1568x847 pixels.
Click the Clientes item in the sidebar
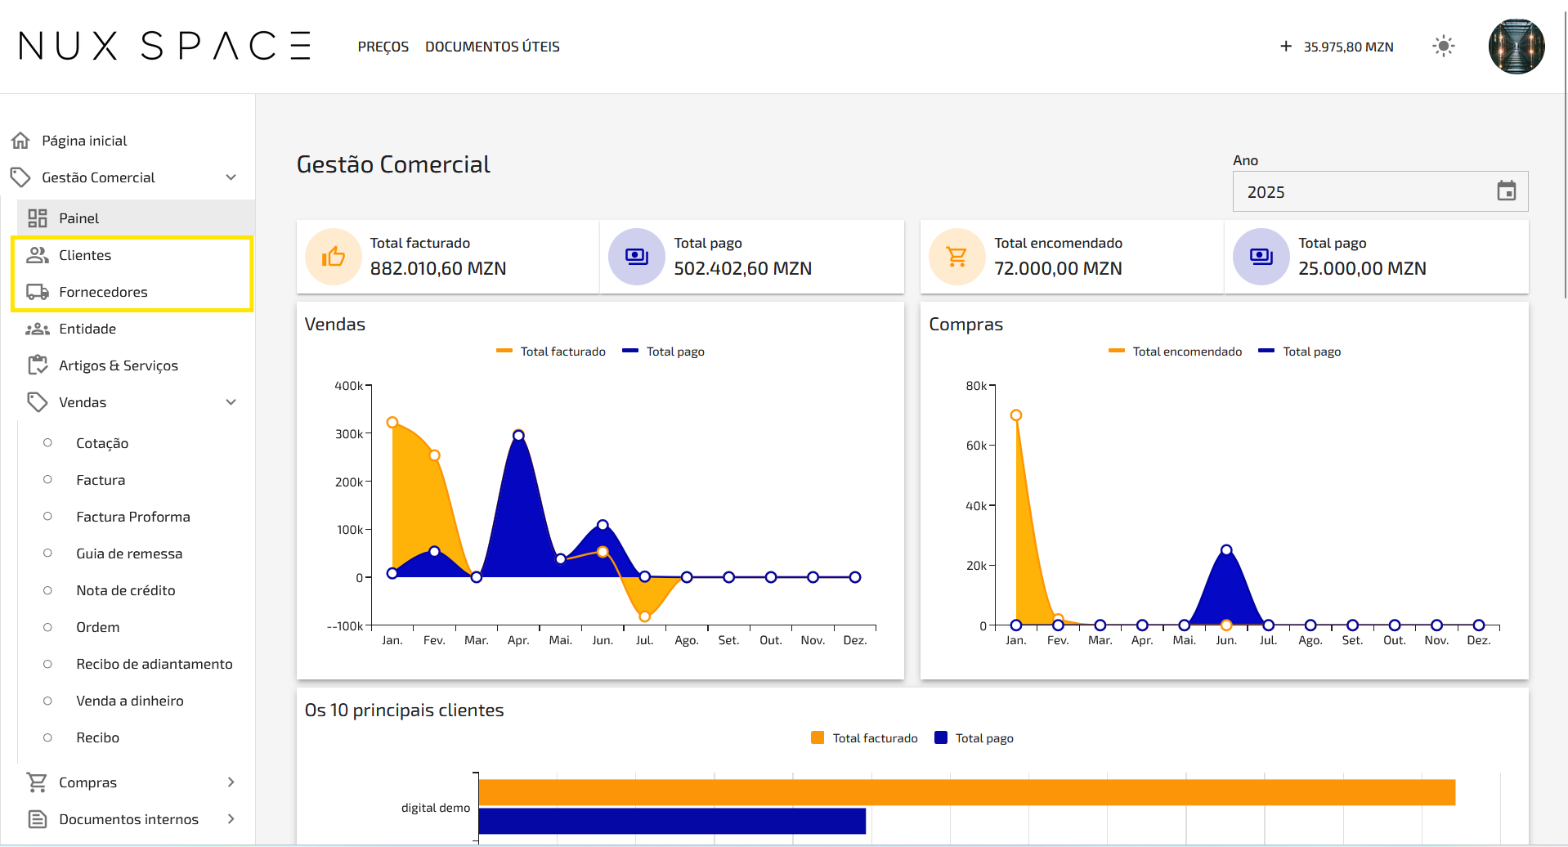pyautogui.click(x=85, y=255)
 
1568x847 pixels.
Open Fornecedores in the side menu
pyautogui.click(x=103, y=292)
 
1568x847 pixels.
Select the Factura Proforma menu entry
pyautogui.click(x=133, y=517)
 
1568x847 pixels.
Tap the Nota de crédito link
pyautogui.click(x=126, y=590)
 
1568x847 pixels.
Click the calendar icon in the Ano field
pyautogui.click(x=1506, y=191)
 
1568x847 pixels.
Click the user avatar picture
pyautogui.click(x=1516, y=47)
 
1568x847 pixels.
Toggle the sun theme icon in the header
pyautogui.click(x=1444, y=47)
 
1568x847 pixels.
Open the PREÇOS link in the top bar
pyautogui.click(x=383, y=47)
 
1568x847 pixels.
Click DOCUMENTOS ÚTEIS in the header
pyautogui.click(x=492, y=47)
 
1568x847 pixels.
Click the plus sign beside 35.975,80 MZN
pyautogui.click(x=1286, y=47)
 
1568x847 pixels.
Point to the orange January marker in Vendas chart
pyautogui.click(x=392, y=423)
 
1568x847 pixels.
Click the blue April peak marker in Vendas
pyautogui.click(x=518, y=436)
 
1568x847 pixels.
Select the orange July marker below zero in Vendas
pyautogui.click(x=645, y=616)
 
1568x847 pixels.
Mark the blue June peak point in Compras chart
pyautogui.click(x=1226, y=550)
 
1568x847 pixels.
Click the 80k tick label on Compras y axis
pyautogui.click(x=976, y=386)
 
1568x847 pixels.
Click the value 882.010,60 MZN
pyautogui.click(x=438, y=268)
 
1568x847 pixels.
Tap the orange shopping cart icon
pyautogui.click(x=956, y=257)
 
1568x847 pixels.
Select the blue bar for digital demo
pyautogui.click(x=672, y=821)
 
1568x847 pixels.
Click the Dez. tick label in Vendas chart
pyautogui.click(x=855, y=640)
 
